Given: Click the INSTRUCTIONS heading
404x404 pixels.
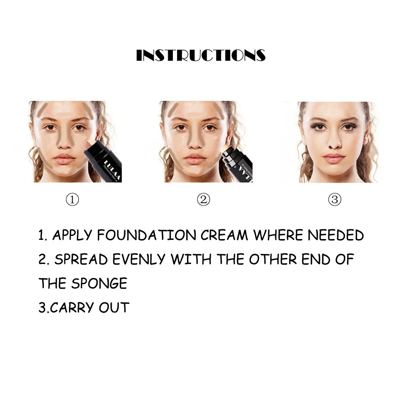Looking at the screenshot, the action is (201, 55).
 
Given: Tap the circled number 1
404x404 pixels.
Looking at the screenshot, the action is (73, 199).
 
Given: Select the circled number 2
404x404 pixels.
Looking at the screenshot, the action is (204, 199).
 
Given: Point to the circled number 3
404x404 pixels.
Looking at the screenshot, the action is (335, 199).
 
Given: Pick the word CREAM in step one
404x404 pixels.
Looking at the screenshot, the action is (224, 235).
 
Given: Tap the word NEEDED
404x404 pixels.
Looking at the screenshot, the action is (336, 235).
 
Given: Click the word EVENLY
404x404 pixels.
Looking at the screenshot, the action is (139, 259).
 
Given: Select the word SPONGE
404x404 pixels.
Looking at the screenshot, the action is (99, 283).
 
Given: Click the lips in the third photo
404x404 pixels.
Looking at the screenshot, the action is (334, 158).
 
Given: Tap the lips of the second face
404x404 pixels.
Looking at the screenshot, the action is (195, 158).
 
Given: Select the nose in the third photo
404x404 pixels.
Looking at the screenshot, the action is (335, 141).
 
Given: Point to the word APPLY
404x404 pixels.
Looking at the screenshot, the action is (72, 235).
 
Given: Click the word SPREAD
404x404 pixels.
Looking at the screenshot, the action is (81, 259).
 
